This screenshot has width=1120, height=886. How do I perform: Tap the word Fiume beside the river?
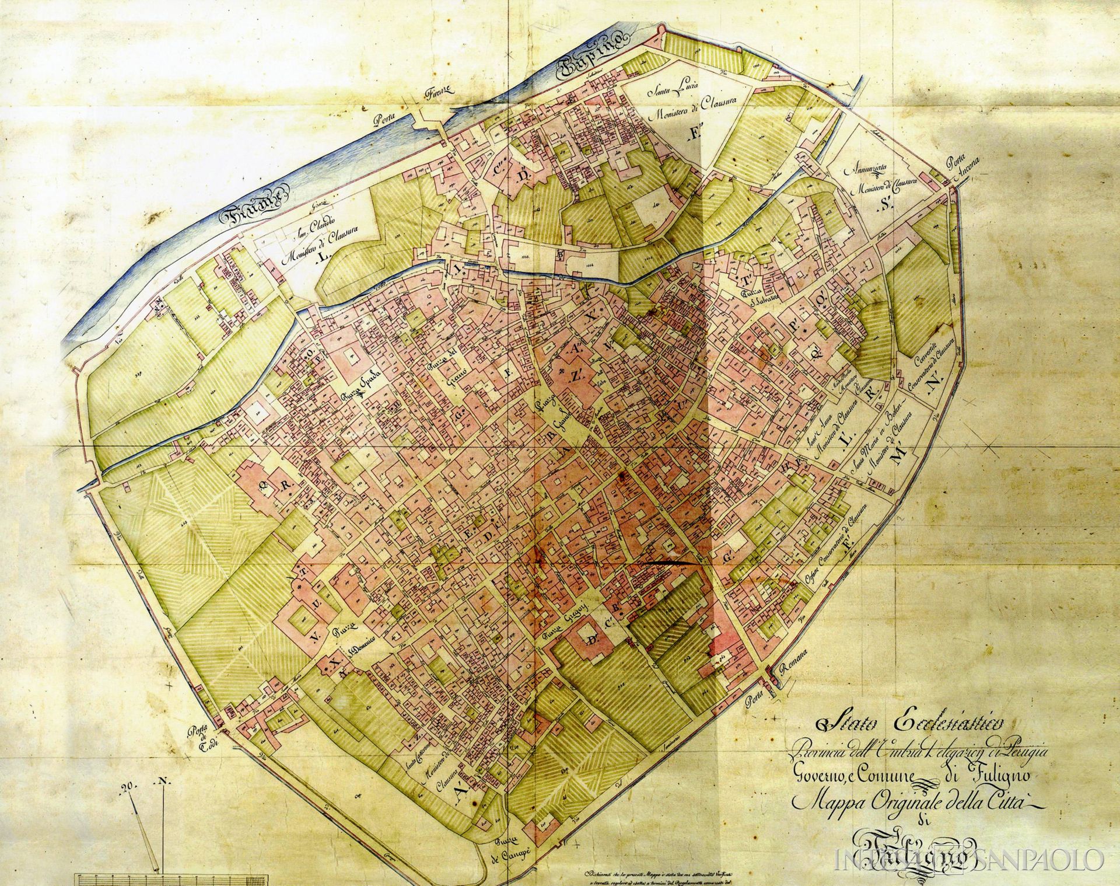tap(251, 207)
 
